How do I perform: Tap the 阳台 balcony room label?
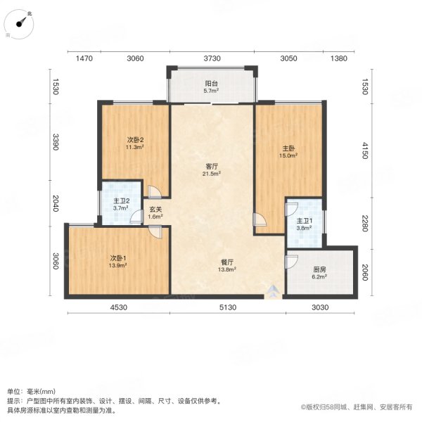point(211,82)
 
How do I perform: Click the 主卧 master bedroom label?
point(288,148)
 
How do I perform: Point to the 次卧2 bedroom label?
point(135,139)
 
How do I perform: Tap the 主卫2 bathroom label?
point(121,200)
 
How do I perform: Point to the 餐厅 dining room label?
point(226,260)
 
